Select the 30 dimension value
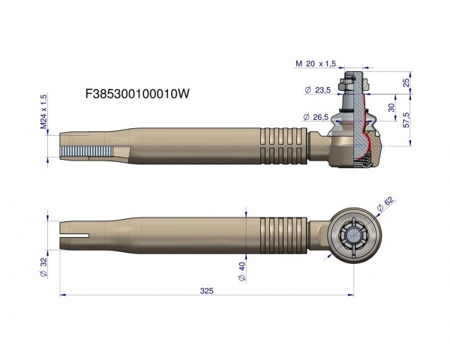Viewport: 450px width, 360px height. coord(390,108)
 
